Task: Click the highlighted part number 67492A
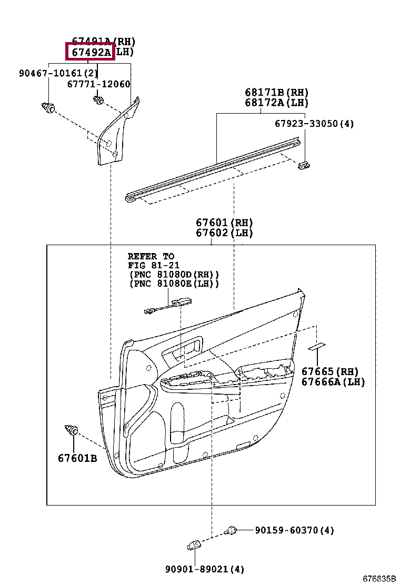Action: [x=89, y=52]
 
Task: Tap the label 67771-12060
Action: [x=98, y=84]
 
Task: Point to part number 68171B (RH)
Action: [x=276, y=93]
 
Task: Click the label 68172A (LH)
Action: [x=276, y=103]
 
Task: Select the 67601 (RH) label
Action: [x=224, y=223]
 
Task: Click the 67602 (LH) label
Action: [x=224, y=233]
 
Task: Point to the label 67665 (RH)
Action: [x=329, y=372]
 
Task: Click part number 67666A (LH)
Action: [x=333, y=382]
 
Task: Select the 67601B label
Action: [x=77, y=458]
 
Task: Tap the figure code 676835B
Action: [x=378, y=578]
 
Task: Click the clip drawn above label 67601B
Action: [x=71, y=430]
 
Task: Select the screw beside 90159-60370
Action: [x=231, y=530]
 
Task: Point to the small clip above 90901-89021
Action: [x=194, y=546]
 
